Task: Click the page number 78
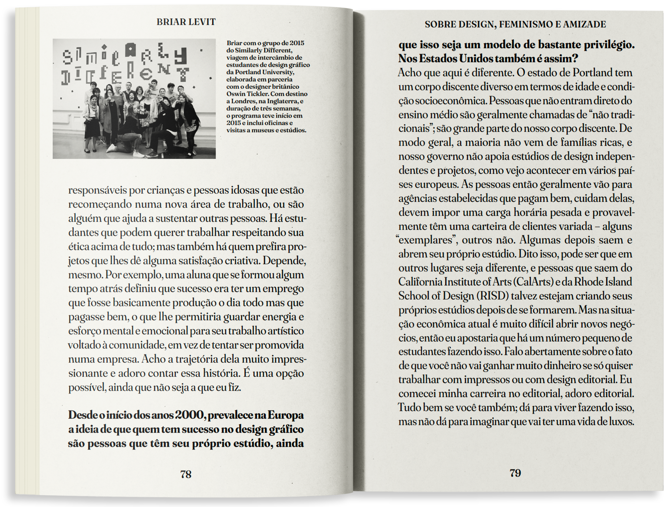point(186,474)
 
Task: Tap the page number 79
point(515,473)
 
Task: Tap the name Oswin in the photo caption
point(235,94)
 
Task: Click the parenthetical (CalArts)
point(533,282)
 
